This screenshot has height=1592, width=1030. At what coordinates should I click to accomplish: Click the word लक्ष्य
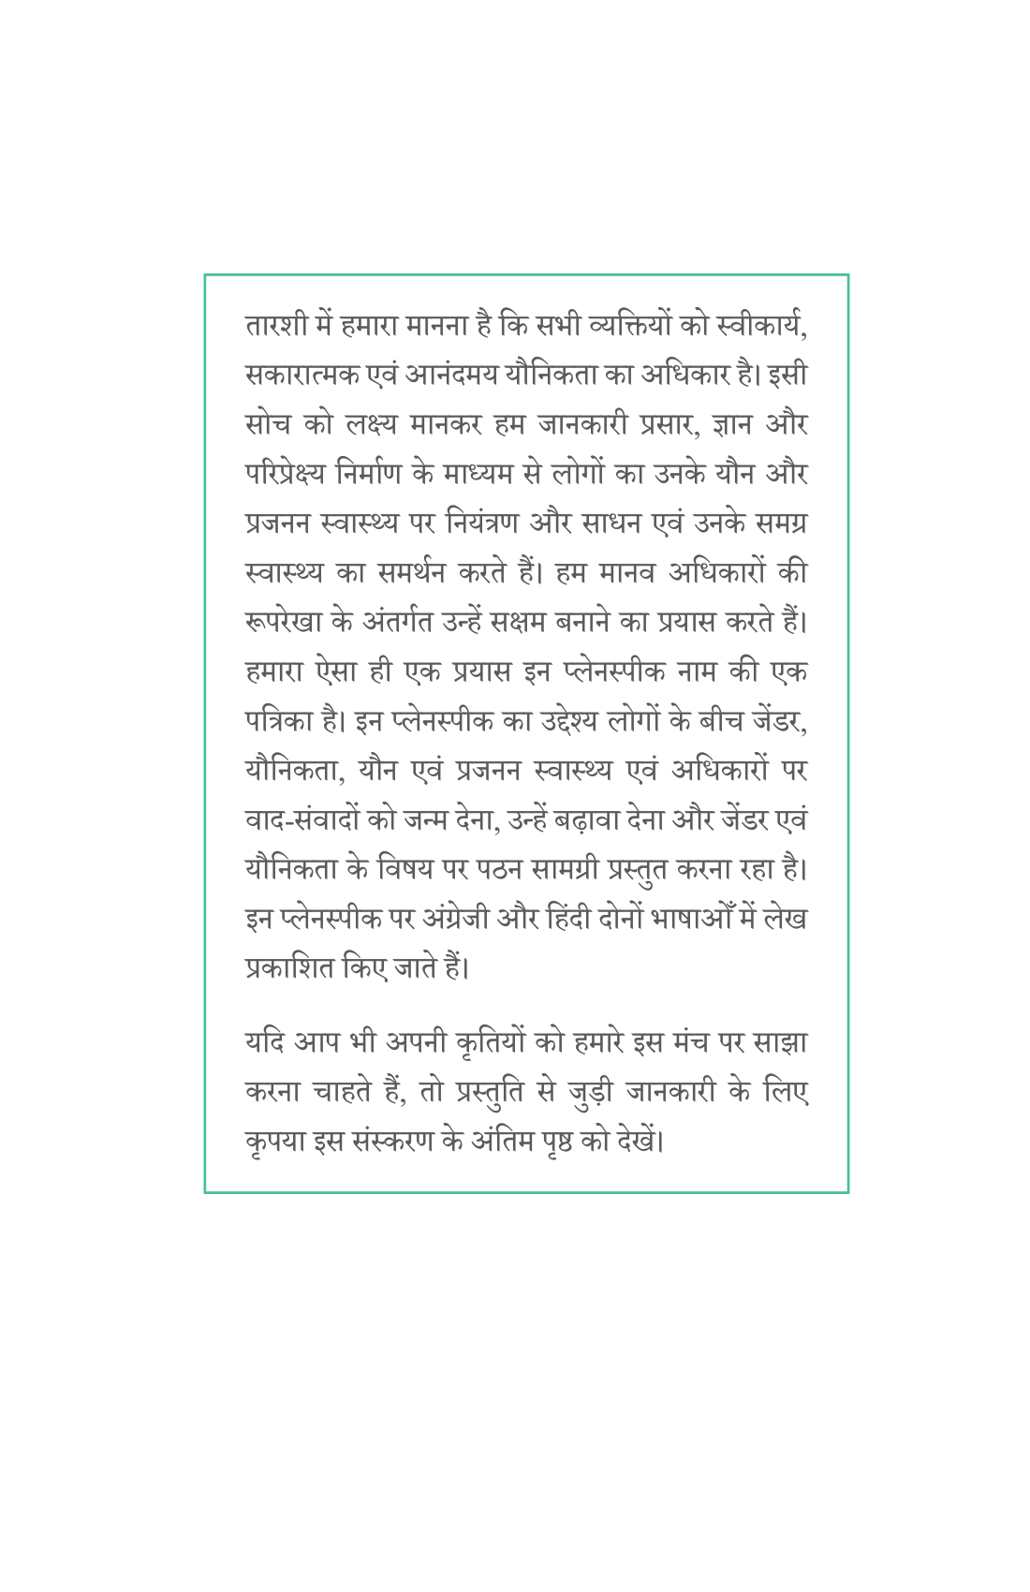[373, 425]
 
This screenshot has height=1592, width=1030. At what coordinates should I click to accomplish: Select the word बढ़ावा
[589, 819]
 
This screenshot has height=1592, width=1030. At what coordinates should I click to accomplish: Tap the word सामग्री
[565, 869]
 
